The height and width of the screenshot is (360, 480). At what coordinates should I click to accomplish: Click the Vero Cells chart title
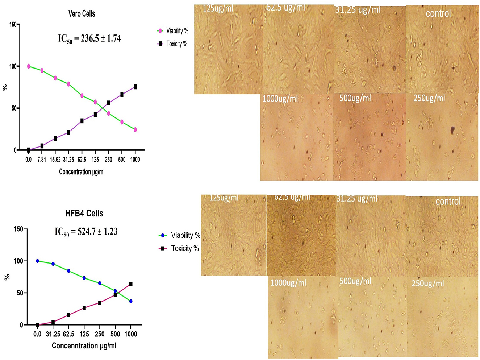pos(82,14)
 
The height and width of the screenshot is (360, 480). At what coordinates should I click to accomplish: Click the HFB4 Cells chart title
pos(84,213)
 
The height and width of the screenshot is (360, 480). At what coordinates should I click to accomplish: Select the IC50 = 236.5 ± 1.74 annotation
pos(89,38)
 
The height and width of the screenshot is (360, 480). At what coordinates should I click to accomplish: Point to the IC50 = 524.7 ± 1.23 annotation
pos(86,232)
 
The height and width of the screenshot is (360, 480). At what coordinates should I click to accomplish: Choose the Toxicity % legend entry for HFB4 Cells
pos(180,248)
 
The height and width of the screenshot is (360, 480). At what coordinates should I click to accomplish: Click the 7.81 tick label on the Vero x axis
pos(42,160)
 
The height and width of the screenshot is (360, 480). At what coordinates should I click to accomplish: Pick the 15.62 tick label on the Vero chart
pos(55,160)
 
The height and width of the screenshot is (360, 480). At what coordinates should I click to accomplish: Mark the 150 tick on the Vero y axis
pos(12,25)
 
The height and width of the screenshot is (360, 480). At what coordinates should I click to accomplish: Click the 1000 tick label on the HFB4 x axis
pos(131,334)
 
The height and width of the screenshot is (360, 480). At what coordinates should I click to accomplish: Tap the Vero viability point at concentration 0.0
pos(29,66)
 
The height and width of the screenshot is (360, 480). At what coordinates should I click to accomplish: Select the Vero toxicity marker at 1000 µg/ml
pos(135,87)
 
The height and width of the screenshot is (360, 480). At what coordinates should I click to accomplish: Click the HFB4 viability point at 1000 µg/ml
pos(131,301)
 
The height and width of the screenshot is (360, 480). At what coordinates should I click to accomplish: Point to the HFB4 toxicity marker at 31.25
pos(53,322)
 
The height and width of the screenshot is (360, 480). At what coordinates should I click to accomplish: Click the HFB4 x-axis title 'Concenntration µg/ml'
pos(84,345)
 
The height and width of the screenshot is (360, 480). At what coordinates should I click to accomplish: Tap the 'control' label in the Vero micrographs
pos(438,14)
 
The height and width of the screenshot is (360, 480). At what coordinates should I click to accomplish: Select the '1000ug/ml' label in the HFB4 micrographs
pos(288,283)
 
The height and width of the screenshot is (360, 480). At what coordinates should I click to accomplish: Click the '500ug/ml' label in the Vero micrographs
pos(355,98)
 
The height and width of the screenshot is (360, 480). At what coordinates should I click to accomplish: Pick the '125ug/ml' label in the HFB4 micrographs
pos(224,198)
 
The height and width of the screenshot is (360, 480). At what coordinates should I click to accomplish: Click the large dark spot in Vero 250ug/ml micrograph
pos(452,130)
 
